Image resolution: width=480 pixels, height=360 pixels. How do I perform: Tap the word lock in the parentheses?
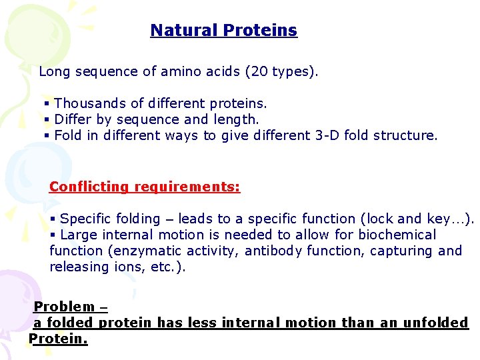click(x=409, y=219)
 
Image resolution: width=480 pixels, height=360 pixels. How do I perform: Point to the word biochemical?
click(x=397, y=235)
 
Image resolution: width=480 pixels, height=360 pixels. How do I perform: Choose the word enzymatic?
click(x=155, y=251)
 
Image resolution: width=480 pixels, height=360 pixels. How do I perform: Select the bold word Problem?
click(x=64, y=307)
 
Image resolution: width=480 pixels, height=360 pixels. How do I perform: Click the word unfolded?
click(x=436, y=323)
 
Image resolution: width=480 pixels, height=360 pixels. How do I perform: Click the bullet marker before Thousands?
click(x=47, y=104)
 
